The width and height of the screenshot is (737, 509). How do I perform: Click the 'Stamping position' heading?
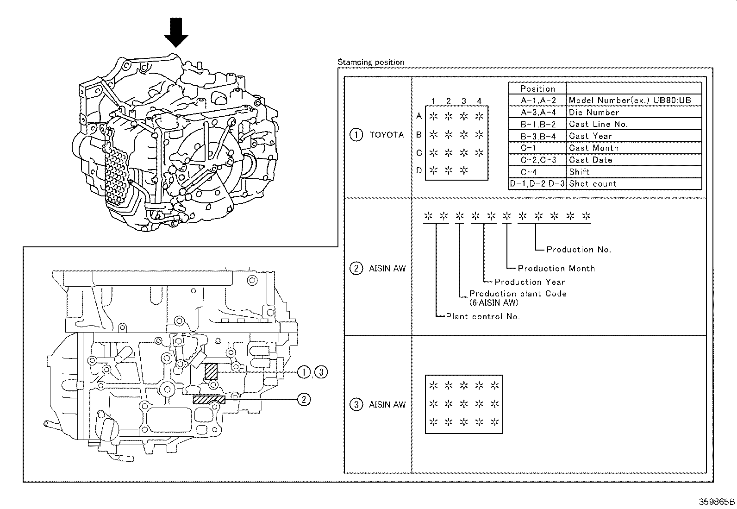(370, 62)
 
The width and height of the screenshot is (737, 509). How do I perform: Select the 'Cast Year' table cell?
(590, 136)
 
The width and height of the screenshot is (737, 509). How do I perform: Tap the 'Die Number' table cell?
(593, 113)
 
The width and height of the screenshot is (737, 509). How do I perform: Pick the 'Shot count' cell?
(593, 184)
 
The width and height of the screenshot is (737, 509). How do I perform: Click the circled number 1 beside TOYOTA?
(356, 135)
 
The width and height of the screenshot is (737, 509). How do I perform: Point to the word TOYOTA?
(387, 135)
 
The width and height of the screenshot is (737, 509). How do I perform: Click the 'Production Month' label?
(556, 269)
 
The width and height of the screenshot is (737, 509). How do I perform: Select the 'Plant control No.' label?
(482, 317)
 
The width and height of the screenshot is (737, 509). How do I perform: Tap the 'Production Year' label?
(530, 282)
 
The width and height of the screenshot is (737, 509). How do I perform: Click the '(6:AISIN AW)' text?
(493, 303)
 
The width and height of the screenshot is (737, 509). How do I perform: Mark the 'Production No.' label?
(578, 250)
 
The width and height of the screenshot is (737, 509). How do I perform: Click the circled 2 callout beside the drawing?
(303, 399)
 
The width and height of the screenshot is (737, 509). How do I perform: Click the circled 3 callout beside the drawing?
(321, 372)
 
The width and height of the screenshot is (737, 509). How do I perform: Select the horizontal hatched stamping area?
(209, 400)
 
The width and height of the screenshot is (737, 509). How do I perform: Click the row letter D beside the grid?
(418, 170)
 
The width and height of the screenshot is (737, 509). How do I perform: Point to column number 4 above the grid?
(479, 101)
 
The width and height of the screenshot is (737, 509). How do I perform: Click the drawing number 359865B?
(717, 502)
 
